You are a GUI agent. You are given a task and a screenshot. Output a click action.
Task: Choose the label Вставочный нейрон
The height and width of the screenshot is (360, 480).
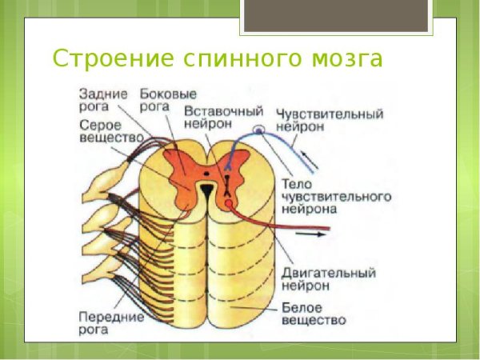pos(213,119)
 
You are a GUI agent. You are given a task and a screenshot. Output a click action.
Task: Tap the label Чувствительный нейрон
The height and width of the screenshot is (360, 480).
pos(329,121)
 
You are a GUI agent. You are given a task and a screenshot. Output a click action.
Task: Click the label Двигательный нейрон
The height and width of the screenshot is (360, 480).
pos(328,279)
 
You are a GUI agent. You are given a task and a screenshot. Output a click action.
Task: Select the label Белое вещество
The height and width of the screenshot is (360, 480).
pos(314,314)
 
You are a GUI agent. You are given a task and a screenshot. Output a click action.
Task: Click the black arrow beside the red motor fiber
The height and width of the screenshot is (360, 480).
pos(316,234)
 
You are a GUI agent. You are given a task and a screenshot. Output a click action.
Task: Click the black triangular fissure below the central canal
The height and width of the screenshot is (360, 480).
pos(206,190)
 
